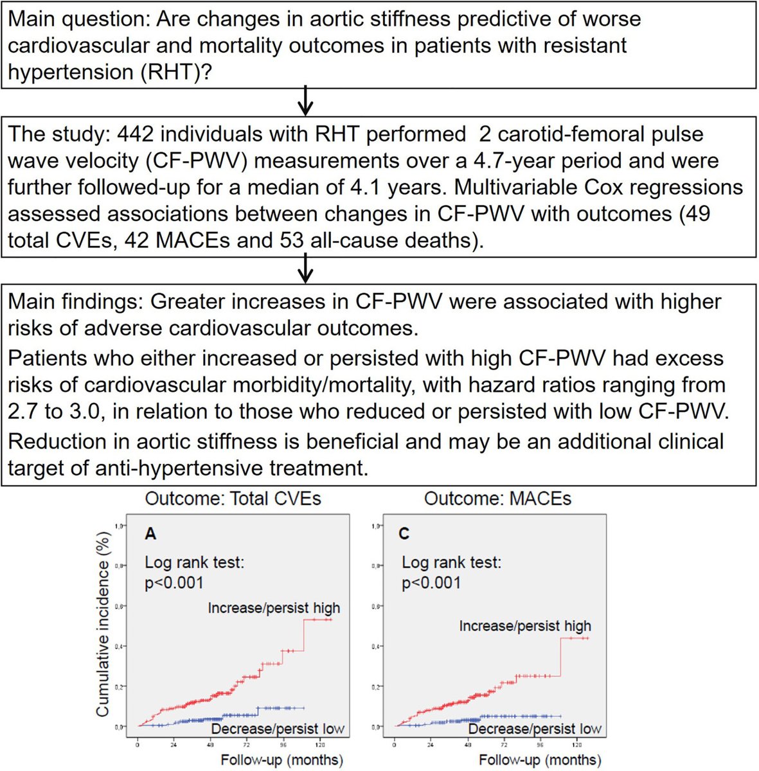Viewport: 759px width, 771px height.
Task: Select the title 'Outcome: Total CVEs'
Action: click(233, 499)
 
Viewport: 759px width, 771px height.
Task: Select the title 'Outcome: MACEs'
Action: click(497, 499)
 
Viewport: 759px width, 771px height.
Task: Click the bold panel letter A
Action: click(150, 534)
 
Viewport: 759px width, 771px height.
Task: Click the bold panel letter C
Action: click(404, 534)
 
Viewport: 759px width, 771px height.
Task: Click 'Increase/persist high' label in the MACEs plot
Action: click(524, 626)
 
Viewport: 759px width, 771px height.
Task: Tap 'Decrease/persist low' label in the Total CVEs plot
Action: click(278, 729)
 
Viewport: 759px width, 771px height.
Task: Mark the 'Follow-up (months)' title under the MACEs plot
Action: click(540, 761)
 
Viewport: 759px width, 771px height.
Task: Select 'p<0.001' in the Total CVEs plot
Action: click(174, 583)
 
